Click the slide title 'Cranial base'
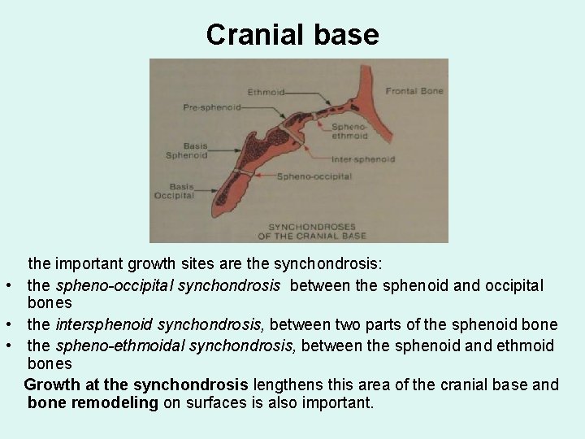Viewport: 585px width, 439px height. click(x=292, y=34)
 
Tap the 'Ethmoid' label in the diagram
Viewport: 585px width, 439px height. click(x=267, y=93)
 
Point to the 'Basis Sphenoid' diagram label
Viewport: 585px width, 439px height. click(x=187, y=150)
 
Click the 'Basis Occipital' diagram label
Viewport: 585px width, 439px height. click(x=175, y=190)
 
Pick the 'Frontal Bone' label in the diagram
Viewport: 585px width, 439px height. click(x=414, y=91)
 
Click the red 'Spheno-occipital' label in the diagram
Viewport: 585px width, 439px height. click(x=314, y=176)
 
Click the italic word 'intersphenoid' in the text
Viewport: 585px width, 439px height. click(x=102, y=325)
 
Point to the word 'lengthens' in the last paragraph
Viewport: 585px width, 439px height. click(x=282, y=384)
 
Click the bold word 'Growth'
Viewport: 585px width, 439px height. click(x=53, y=384)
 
